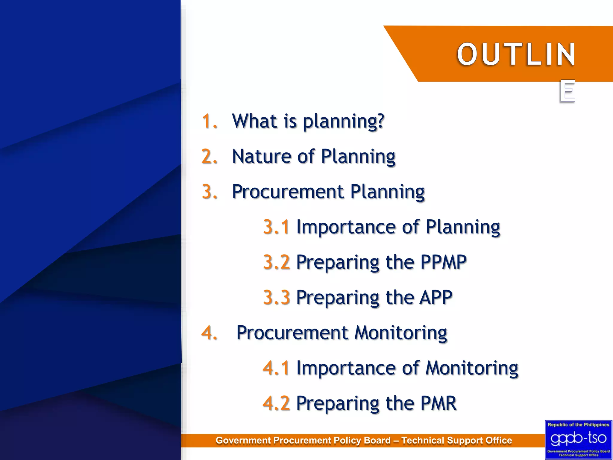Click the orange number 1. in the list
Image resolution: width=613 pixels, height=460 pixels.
coord(209,121)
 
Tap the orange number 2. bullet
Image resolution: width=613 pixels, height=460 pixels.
coord(209,156)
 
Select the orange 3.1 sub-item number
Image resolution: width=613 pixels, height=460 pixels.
coord(276,227)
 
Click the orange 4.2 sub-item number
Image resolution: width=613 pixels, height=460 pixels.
coord(276,403)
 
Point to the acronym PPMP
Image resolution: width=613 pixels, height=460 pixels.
coord(443,262)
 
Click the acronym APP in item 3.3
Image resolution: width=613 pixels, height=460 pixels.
coord(436,297)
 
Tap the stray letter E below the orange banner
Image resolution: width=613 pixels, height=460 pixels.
coord(567,91)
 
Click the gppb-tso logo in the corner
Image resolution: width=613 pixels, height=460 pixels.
coord(578,438)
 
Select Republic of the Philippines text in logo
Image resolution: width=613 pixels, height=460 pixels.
coord(578,425)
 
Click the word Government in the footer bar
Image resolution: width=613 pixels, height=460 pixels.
coord(243,441)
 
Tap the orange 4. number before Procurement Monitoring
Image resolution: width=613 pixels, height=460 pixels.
coord(209,333)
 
